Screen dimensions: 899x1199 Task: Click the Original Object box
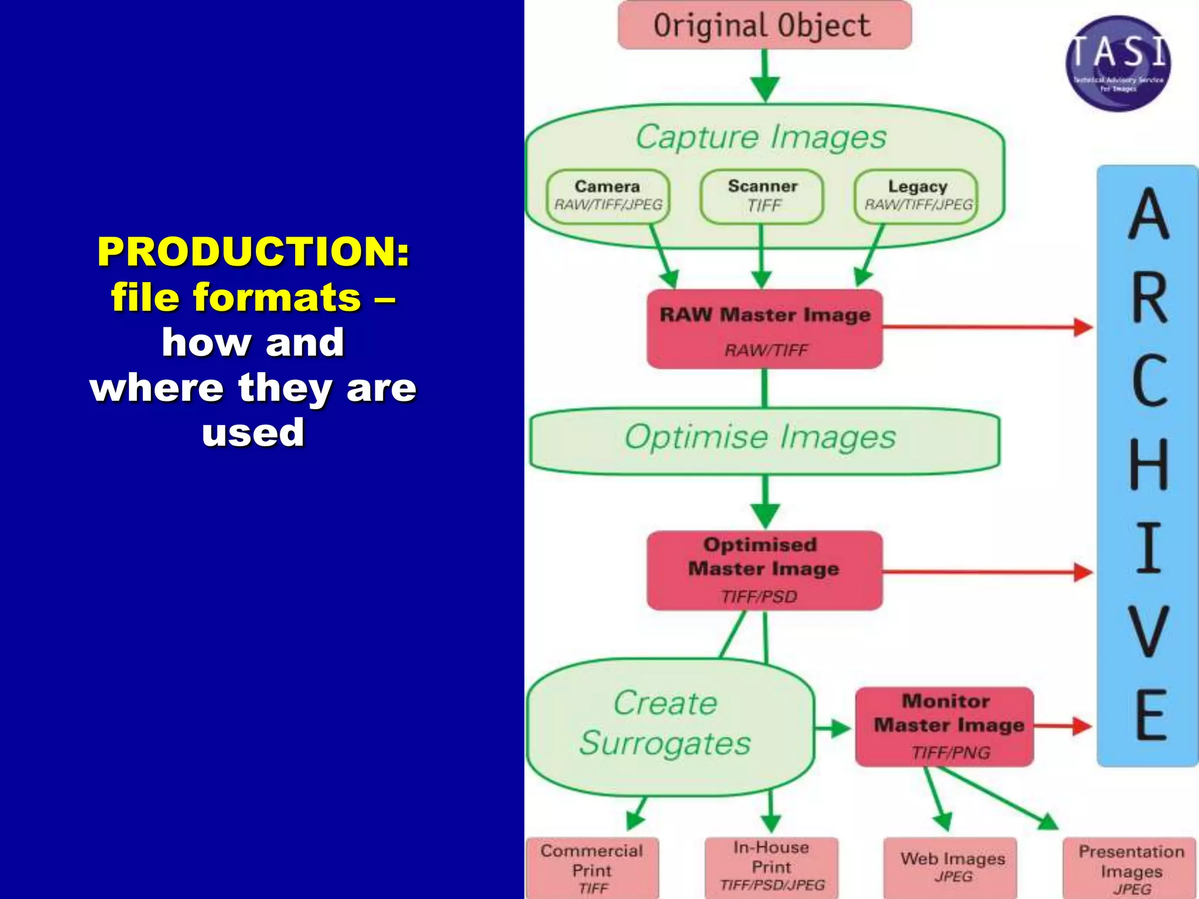764,25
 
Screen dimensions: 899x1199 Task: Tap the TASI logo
1118,63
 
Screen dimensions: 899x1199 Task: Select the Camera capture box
608,196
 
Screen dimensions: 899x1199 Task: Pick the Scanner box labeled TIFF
762,196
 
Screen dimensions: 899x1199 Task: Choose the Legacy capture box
916,196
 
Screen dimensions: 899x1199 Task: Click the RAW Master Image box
765,329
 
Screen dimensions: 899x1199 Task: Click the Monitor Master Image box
944,726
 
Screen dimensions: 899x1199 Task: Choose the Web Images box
950,867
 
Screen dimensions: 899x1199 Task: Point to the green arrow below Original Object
765,76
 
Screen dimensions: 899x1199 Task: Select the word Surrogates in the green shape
665,743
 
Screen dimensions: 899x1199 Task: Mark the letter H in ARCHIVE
1148,464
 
